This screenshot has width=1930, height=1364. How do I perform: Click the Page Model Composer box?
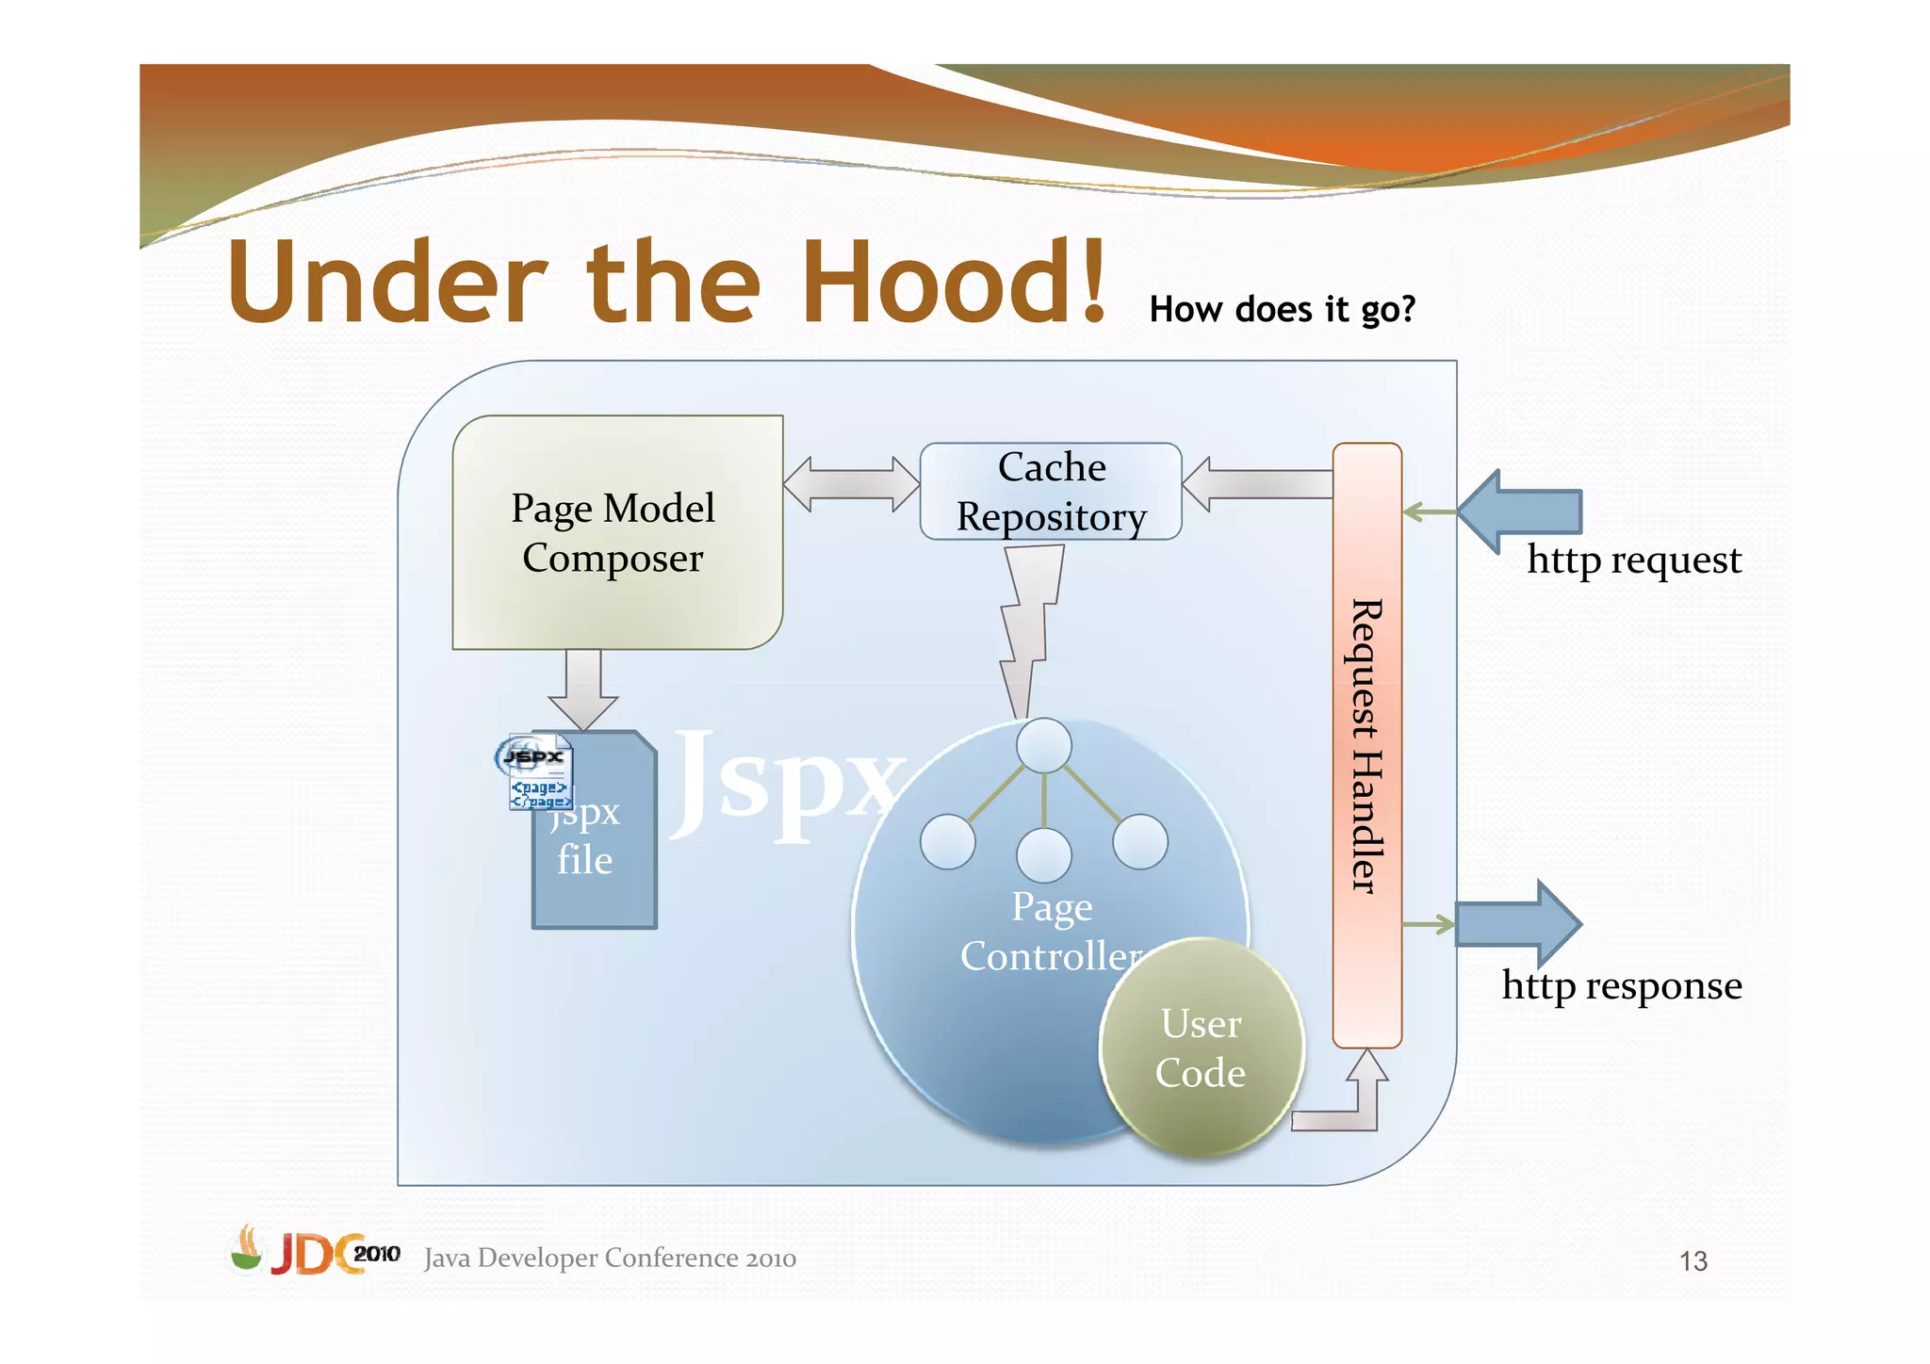(617, 532)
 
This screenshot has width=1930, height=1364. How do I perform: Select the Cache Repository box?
(1050, 492)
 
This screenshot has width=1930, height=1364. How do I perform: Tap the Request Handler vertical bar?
(1366, 744)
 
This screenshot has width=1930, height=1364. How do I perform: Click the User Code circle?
(1202, 1047)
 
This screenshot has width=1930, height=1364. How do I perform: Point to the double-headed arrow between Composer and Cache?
(851, 484)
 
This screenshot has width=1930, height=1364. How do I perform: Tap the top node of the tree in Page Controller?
(1044, 746)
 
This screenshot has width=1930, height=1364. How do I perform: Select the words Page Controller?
(1051, 933)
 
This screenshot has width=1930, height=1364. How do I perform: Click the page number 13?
(1693, 1261)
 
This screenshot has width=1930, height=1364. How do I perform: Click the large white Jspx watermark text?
(787, 782)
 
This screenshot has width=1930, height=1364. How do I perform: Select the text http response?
(1621, 986)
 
